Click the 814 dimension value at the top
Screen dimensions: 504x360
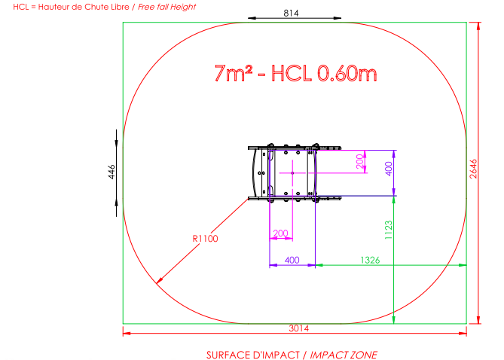coord(291,13)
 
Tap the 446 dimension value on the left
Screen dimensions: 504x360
coord(111,172)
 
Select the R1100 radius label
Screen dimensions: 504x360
coord(205,239)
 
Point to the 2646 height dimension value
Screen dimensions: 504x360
coord(473,169)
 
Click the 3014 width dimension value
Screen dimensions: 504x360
coord(298,328)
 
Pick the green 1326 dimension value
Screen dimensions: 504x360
coord(370,260)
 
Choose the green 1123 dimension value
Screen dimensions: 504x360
coord(388,230)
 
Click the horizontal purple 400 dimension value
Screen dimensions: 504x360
coord(292,260)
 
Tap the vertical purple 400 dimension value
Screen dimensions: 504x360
coord(389,169)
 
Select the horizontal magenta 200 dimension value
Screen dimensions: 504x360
coord(280,233)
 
